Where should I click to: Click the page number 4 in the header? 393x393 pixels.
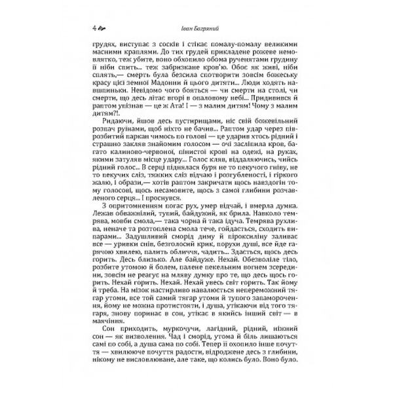coord(96,28)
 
